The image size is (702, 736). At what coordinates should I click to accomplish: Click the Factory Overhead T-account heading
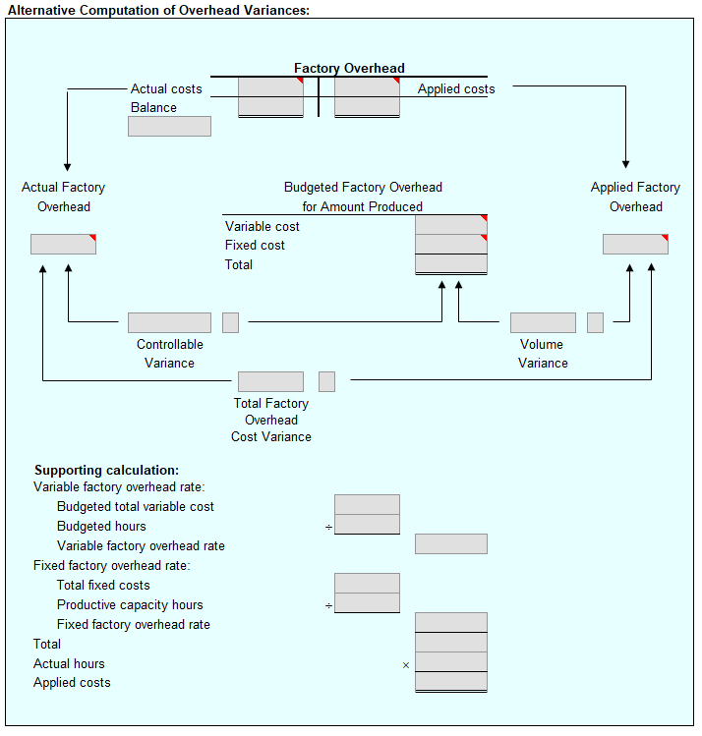point(349,68)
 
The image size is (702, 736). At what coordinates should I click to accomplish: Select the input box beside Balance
point(169,126)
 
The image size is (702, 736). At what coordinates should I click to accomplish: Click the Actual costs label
point(166,88)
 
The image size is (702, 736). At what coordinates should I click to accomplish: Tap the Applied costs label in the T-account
point(456,88)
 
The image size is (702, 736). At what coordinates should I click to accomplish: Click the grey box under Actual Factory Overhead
point(63,244)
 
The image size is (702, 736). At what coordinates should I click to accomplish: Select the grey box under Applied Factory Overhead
point(635,244)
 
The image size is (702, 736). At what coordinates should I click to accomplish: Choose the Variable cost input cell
point(451,225)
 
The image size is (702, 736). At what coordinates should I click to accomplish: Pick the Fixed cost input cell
point(451,245)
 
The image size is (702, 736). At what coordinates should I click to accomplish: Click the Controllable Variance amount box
point(169,322)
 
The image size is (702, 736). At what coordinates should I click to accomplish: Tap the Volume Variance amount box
point(543,322)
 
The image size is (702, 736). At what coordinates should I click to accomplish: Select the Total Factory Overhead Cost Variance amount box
point(270,381)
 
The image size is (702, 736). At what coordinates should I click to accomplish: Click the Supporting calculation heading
point(106,471)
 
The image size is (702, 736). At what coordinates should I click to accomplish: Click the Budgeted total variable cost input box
point(367,505)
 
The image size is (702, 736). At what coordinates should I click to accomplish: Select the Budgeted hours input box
point(367,525)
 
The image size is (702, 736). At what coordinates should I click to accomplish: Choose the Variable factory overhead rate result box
point(451,544)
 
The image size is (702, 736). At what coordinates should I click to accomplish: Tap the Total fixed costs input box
point(367,584)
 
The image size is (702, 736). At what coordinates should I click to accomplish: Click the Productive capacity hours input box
point(367,603)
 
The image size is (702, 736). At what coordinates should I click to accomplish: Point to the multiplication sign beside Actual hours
point(405,665)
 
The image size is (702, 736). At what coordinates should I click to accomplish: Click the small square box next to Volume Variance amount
point(595,322)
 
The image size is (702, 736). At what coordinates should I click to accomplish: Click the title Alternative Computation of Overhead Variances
point(158,9)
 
